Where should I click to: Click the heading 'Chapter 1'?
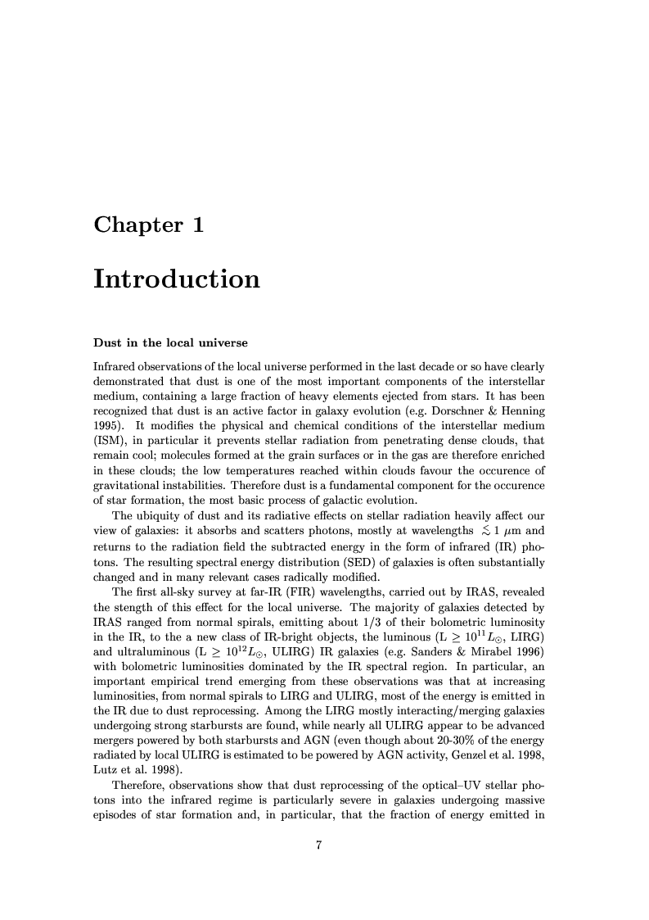[x=148, y=225]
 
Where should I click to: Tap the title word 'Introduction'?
[x=177, y=279]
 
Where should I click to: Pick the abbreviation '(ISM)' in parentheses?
[x=110, y=438]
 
